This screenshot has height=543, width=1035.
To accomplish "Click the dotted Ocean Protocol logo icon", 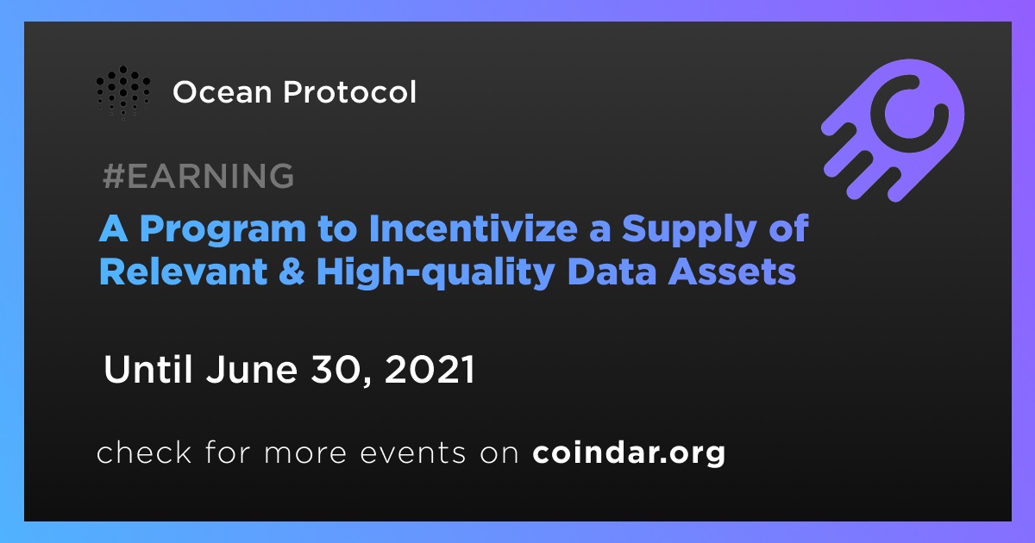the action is [123, 92].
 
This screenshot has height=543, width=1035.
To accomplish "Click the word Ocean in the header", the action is [223, 92].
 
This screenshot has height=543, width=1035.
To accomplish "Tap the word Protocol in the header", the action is [350, 91].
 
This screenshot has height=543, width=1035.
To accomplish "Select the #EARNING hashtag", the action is [198, 176].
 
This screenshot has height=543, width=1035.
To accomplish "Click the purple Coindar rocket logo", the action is [893, 130].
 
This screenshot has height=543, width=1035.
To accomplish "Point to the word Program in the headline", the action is [223, 230].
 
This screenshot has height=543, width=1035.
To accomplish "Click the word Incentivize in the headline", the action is [474, 228].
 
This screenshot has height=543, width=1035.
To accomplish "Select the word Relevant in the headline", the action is [184, 271].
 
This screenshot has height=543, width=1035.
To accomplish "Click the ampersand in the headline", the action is [292, 271].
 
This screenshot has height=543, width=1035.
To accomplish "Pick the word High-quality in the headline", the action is [436, 272].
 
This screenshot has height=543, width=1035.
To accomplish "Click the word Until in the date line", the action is [147, 369].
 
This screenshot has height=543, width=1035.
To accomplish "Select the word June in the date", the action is [252, 370].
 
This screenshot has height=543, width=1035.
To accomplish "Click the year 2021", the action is [430, 370].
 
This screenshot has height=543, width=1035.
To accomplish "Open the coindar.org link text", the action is [629, 453].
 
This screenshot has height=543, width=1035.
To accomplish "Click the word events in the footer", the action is [413, 453].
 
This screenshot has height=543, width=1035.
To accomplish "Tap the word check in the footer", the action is [144, 452].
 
